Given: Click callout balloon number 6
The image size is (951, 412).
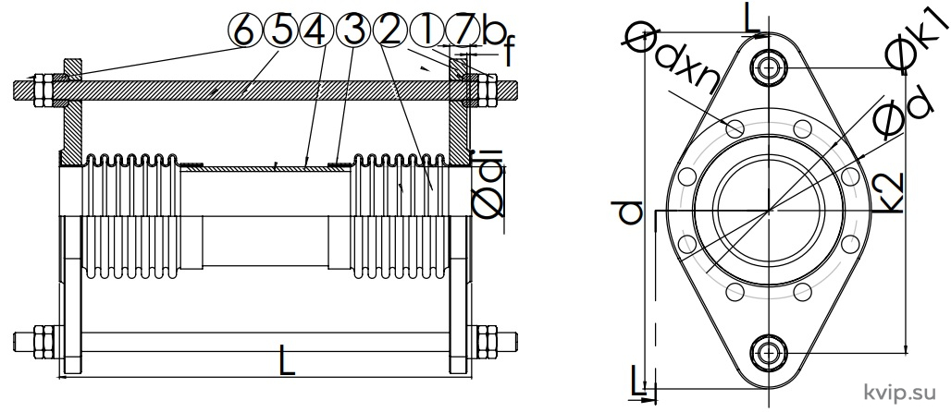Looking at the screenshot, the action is (x=244, y=30).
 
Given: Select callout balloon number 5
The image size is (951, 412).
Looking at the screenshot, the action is (x=280, y=30).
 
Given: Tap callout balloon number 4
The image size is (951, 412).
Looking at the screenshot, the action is (x=316, y=30).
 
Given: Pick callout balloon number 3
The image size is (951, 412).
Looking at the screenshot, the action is (x=353, y=30).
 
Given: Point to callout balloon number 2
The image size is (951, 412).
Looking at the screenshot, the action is (x=390, y=30).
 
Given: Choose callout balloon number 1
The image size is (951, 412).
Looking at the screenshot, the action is (x=426, y=30).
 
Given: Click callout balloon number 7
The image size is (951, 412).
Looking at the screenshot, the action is (x=463, y=30).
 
